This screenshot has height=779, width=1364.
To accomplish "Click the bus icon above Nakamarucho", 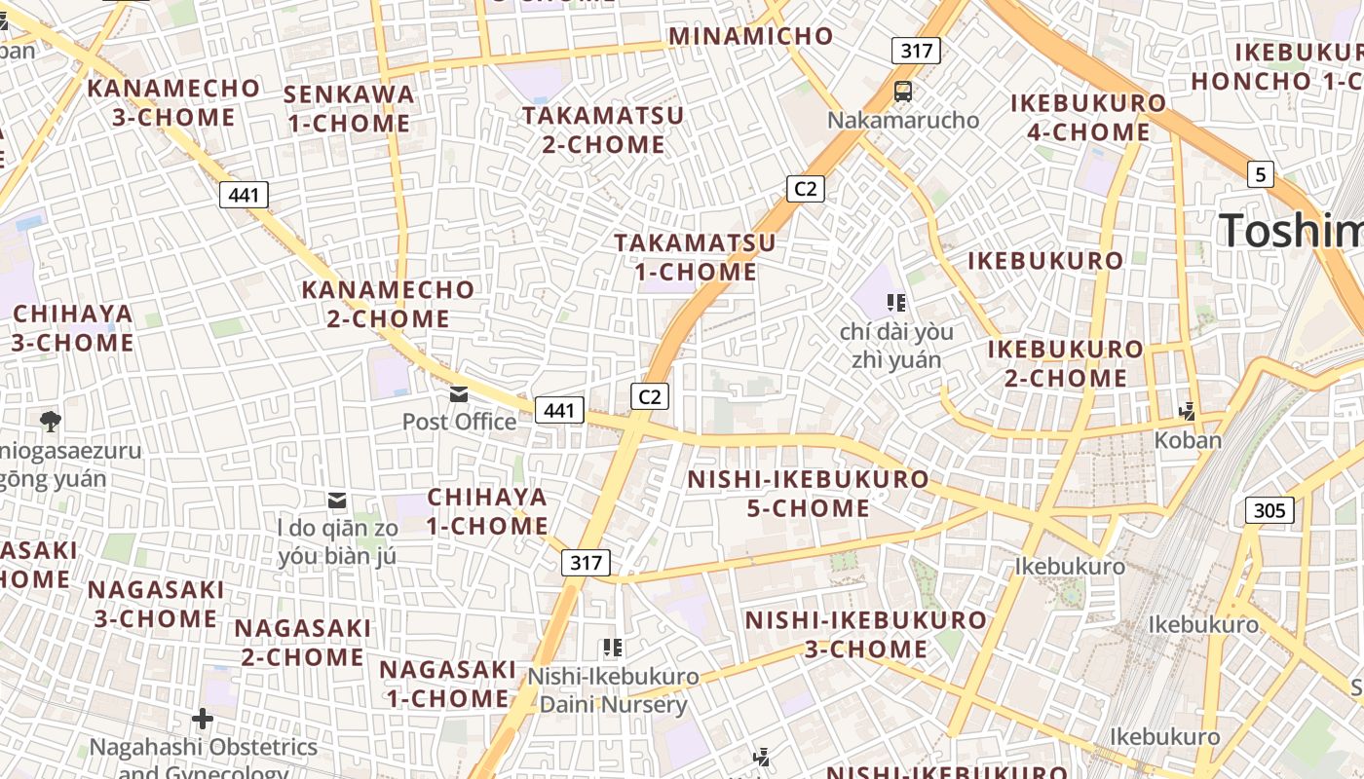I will tap(903, 92).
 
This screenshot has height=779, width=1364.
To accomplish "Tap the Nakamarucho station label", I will tap(903, 120).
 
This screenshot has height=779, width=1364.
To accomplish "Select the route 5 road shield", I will tap(1261, 174).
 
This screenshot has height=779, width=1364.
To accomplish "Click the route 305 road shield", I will tap(1269, 510).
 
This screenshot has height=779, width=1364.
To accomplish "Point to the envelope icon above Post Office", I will tap(458, 394).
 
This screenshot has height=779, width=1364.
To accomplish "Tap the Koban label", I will tap(1188, 440).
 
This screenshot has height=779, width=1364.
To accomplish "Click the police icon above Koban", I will tap(1187, 412).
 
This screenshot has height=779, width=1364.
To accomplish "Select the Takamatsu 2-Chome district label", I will tap(603, 130).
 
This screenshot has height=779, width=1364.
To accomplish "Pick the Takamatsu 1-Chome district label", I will tap(695, 257).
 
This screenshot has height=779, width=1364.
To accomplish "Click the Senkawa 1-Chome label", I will tap(349, 109).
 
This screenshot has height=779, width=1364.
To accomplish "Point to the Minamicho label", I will tap(751, 37).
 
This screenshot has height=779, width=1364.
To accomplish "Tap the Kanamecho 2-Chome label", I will tap(388, 304).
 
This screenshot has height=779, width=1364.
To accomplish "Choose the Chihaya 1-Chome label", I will tap(487, 511).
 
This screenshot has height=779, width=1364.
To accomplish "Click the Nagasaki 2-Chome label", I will tap(303, 643).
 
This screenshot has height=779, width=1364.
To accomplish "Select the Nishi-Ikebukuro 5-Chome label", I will tap(809, 494).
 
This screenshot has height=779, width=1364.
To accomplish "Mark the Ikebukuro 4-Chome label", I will tap(1088, 117).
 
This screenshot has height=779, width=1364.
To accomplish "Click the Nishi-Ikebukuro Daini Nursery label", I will tap(614, 690).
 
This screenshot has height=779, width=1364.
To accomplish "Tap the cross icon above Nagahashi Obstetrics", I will tap(203, 720).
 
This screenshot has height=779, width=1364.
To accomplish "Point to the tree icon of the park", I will tap(51, 422).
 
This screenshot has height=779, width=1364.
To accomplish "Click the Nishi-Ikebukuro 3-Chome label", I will tap(866, 634).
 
